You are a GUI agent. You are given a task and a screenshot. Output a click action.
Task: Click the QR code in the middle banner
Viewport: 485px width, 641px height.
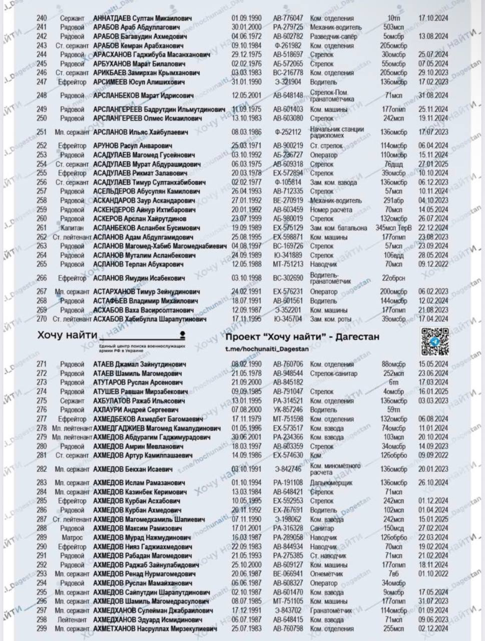pyautogui.click(x=434, y=342)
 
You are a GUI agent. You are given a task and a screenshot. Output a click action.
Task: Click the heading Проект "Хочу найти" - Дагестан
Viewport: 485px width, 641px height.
pyautogui.click(x=302, y=337)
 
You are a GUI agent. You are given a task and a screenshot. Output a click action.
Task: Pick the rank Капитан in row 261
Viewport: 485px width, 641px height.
pyautogui.click(x=72, y=228)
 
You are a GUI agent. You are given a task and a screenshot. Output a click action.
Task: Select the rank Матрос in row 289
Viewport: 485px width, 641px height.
pyautogui.click(x=72, y=537)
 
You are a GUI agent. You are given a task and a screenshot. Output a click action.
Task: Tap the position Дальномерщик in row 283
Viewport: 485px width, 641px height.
pyautogui.click(x=331, y=483)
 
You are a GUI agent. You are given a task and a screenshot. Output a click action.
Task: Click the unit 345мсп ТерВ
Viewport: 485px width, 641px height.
pyautogui.click(x=393, y=228)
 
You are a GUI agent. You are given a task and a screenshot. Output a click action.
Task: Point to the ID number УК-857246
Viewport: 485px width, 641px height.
pyautogui.click(x=288, y=410)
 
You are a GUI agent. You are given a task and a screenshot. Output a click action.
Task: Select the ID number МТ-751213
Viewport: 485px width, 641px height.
pyautogui.click(x=288, y=264)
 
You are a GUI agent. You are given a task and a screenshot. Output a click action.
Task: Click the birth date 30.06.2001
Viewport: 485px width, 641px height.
pyautogui.click(x=246, y=437)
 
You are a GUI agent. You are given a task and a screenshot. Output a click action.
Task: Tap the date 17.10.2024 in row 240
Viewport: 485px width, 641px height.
pyautogui.click(x=433, y=18)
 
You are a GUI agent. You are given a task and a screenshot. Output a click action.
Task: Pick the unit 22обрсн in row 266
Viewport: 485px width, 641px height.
pyautogui.click(x=393, y=278)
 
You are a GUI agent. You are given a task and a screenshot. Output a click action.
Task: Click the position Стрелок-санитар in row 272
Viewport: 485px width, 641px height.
pyautogui.click(x=333, y=374)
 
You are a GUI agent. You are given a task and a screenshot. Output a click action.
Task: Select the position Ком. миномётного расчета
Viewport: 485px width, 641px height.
pyautogui.click(x=335, y=469)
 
